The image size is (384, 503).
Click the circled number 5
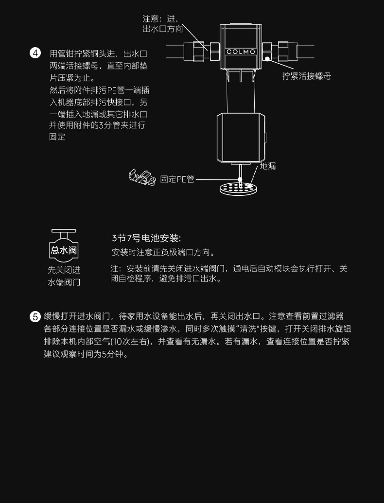click(35, 317)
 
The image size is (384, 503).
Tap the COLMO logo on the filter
click(241, 52)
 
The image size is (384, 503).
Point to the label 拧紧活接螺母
click(307, 76)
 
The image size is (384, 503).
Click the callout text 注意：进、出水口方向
click(162, 24)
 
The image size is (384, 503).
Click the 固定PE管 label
click(177, 179)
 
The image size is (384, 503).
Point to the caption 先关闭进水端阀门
click(64, 276)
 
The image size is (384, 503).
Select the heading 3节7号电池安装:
click(146, 238)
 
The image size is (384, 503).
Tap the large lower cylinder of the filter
click(240, 137)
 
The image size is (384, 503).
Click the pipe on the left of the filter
click(180, 51)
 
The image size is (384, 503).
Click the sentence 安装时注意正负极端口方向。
click(163, 253)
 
